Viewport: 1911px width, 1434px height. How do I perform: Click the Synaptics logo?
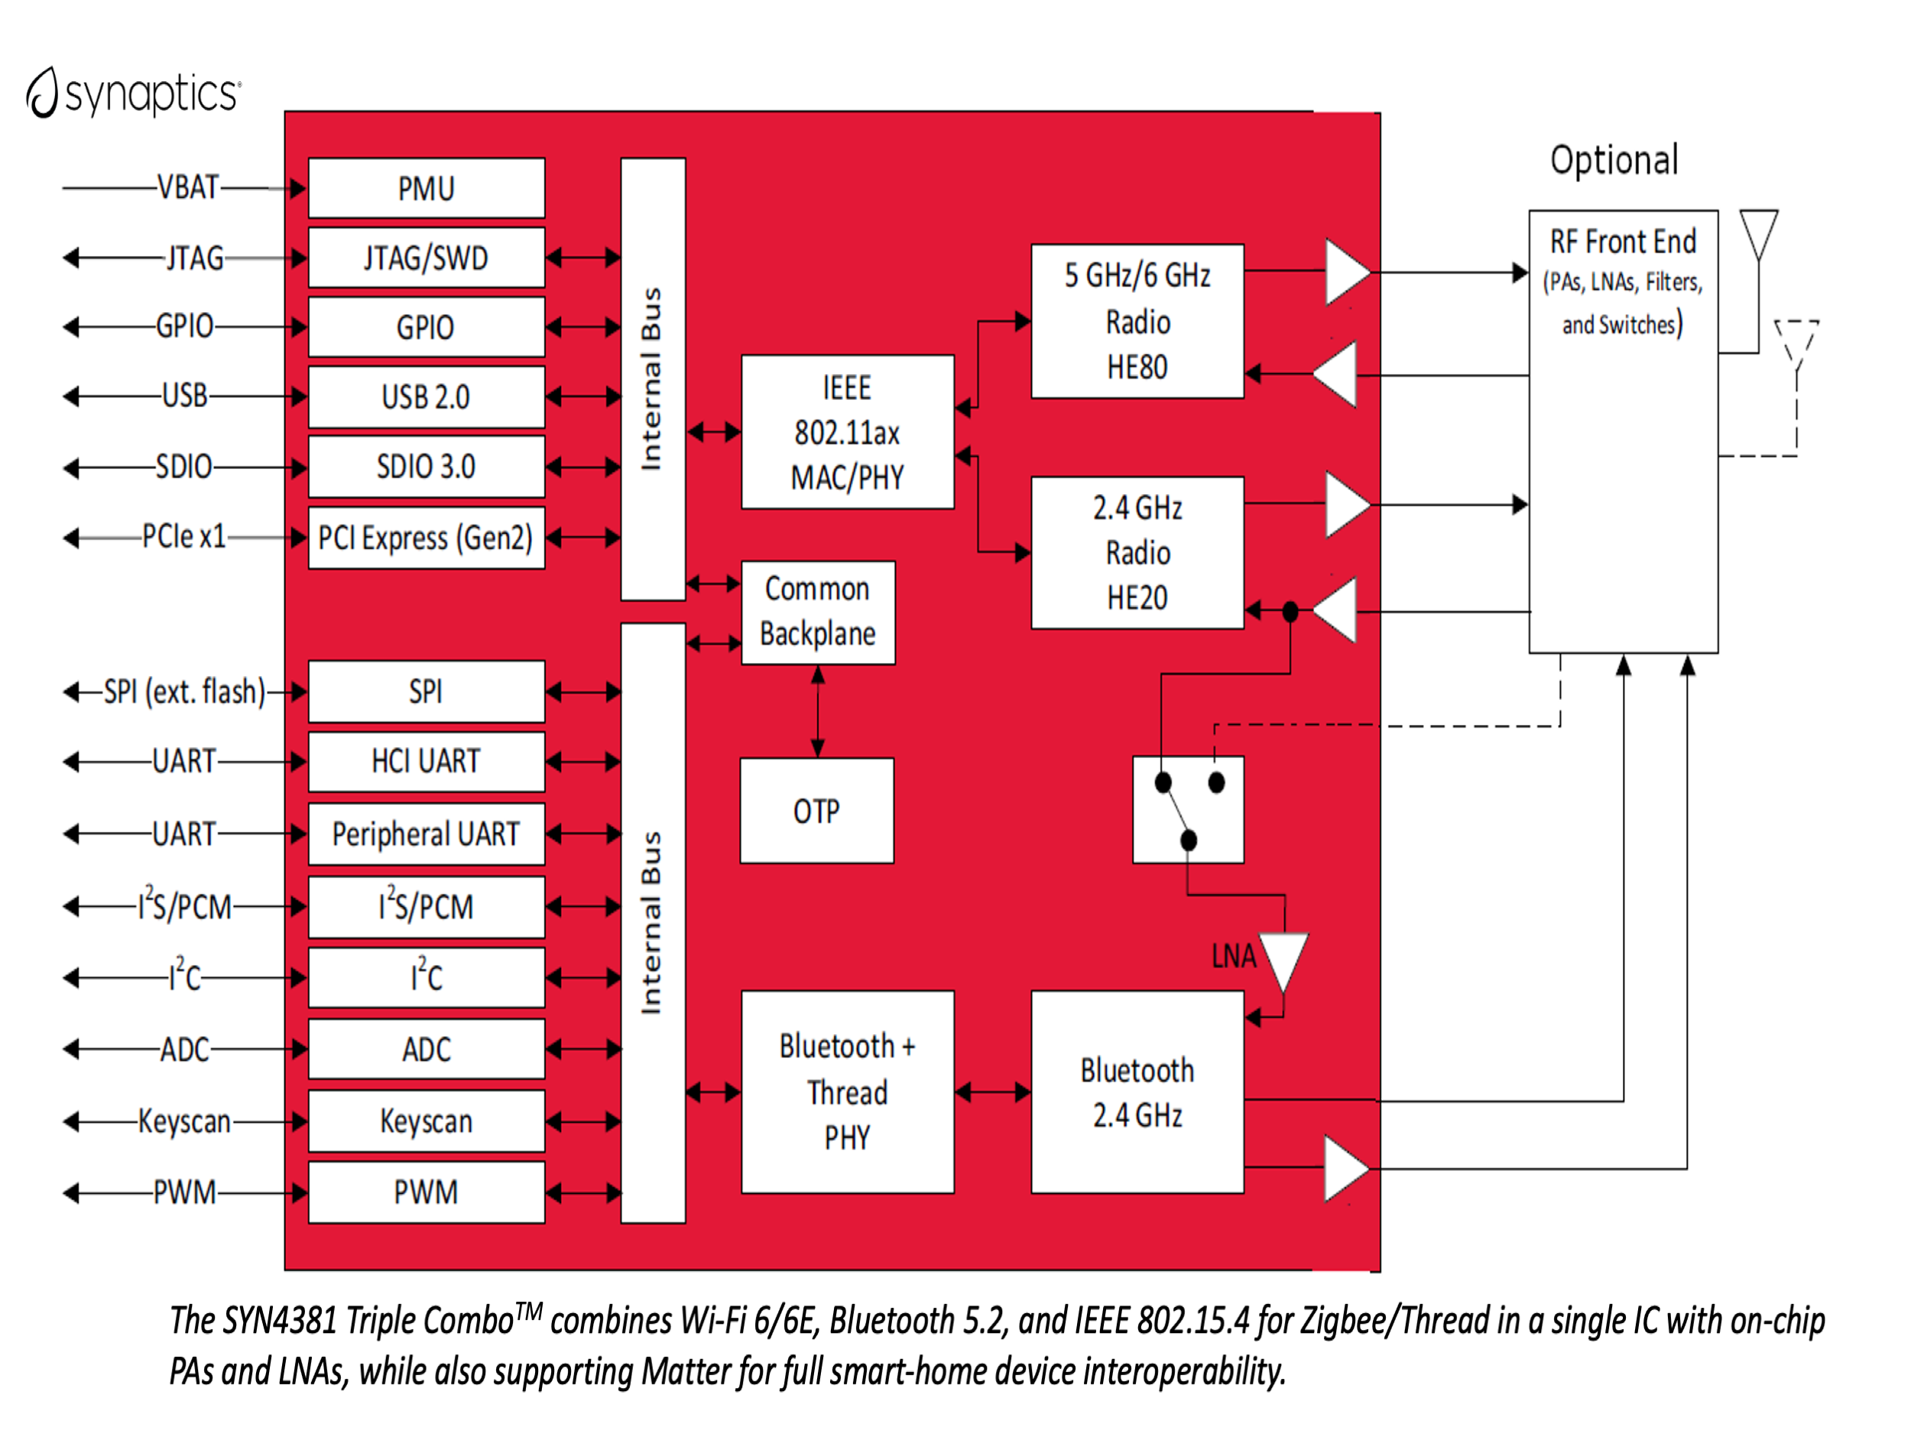pyautogui.click(x=134, y=93)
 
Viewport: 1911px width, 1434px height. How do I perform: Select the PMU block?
pyautogui.click(x=426, y=188)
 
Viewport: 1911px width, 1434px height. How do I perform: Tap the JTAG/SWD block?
pyautogui.click(x=426, y=258)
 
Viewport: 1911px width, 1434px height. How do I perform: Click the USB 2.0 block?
pyautogui.click(x=426, y=397)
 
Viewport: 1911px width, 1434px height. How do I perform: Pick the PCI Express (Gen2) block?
pyautogui.click(x=426, y=538)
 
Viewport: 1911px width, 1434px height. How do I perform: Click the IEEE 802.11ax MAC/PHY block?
pyautogui.click(x=847, y=432)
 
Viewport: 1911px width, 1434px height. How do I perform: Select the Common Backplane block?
pyautogui.click(x=817, y=612)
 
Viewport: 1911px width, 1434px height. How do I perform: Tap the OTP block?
pyautogui.click(x=816, y=811)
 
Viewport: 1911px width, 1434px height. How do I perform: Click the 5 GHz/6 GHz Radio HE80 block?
pyautogui.click(x=1137, y=321)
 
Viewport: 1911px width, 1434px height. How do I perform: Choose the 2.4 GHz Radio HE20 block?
pyautogui.click(x=1137, y=553)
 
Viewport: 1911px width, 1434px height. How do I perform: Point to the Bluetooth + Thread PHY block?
pyautogui.click(x=847, y=1091)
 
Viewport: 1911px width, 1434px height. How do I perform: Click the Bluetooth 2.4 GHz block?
pyautogui.click(x=1137, y=1091)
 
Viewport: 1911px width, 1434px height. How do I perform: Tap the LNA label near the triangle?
pyautogui.click(x=1233, y=956)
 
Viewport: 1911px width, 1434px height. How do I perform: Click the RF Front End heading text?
pyautogui.click(x=1623, y=242)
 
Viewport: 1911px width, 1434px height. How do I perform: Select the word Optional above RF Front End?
pyautogui.click(x=1614, y=161)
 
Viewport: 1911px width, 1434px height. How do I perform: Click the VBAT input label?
pyautogui.click(x=187, y=187)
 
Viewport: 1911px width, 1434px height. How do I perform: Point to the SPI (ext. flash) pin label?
pyautogui.click(x=184, y=691)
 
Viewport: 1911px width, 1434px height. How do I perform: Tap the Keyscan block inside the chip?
pyautogui.click(x=426, y=1121)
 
